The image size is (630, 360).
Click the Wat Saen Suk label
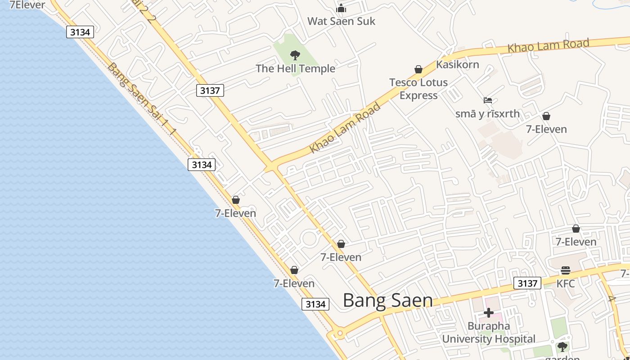tap(341, 21)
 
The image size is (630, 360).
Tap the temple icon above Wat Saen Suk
tap(341, 8)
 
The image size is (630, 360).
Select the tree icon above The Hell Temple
tap(295, 55)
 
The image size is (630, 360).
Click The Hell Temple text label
tap(296, 68)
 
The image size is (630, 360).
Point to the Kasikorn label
tap(458, 64)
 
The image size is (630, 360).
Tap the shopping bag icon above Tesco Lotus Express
tap(418, 69)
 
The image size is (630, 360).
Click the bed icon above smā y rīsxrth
tap(488, 100)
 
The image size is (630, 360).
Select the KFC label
tap(566, 284)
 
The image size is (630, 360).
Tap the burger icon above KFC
tap(566, 270)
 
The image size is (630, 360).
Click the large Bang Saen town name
tap(388, 301)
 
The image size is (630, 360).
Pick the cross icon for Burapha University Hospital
tap(489, 312)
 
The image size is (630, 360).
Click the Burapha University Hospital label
tap(489, 332)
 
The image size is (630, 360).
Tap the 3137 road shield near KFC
tap(527, 283)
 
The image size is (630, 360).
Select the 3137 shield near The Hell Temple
tap(210, 90)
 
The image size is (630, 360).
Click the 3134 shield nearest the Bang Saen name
tap(315, 304)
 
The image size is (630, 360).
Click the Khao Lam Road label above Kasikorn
tap(548, 46)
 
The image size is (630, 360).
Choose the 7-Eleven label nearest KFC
tap(576, 242)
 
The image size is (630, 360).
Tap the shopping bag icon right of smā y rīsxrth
tap(546, 117)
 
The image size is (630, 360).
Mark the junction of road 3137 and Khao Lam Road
tap(272, 167)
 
